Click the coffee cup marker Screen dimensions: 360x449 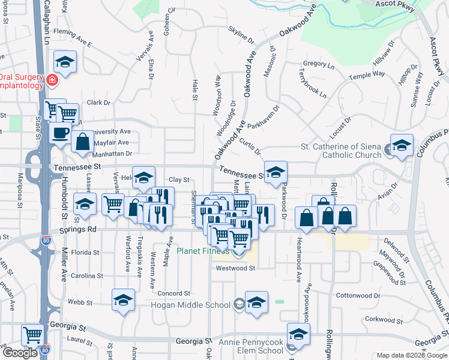60,133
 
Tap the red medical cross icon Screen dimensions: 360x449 52,80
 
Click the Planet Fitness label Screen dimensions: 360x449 204,251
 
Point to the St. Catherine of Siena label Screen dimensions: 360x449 340,146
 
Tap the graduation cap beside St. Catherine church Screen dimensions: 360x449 402,145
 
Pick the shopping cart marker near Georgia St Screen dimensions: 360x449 32,334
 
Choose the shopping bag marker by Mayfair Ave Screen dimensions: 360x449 83,142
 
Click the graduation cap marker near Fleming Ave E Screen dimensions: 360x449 65,61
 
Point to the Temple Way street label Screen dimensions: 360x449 367,75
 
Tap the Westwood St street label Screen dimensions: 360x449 236,268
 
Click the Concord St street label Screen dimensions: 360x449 173,293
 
